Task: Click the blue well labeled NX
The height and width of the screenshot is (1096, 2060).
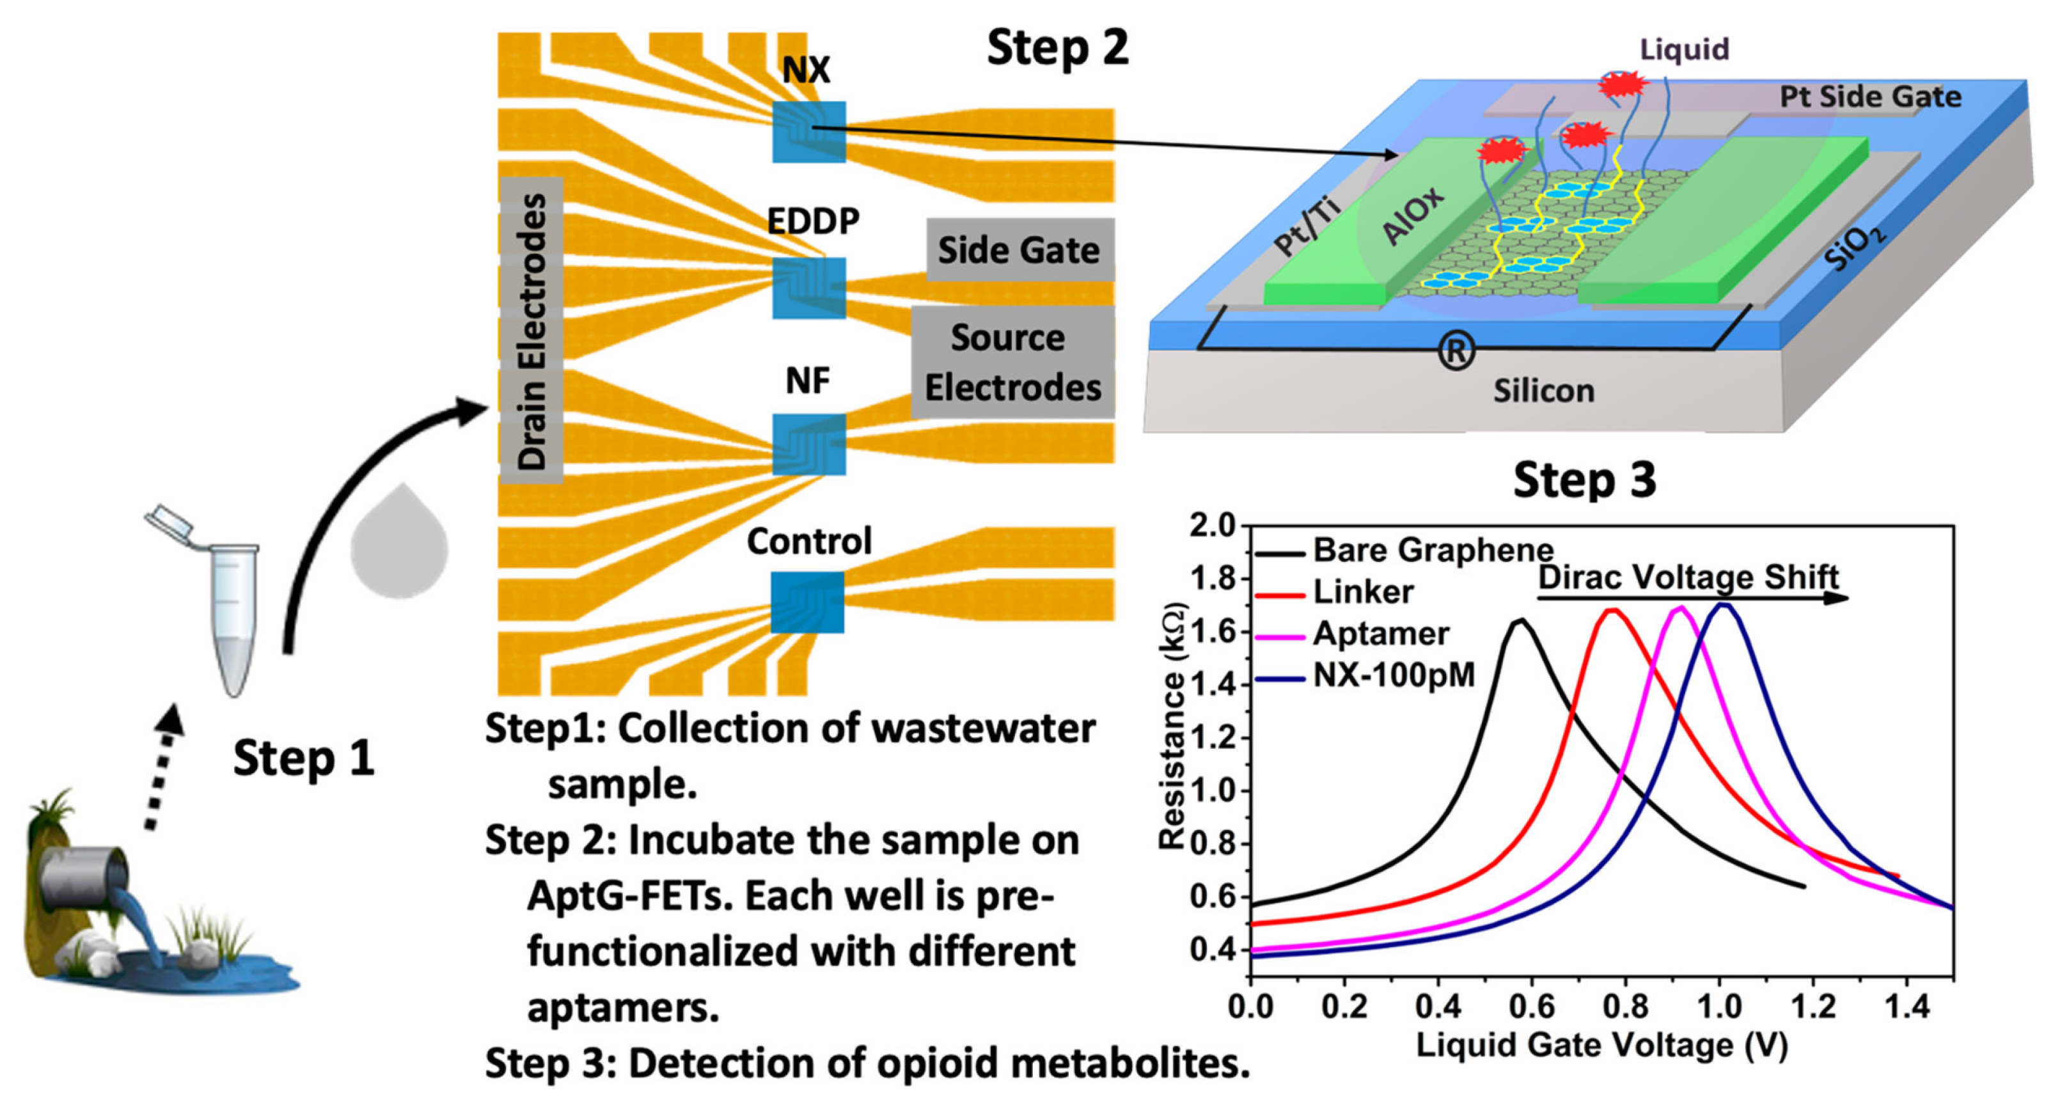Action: tap(808, 132)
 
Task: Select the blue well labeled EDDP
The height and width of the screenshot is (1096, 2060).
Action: tap(808, 288)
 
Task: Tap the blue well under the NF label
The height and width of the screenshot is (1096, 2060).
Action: tap(808, 444)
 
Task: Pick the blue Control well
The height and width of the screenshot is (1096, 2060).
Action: tap(807, 602)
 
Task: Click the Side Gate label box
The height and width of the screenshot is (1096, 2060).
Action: tap(1019, 250)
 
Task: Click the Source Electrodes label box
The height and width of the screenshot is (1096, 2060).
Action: tap(1012, 362)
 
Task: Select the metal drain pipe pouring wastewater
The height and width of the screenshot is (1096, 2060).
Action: tap(84, 879)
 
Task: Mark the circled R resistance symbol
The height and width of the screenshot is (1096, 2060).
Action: tap(1456, 351)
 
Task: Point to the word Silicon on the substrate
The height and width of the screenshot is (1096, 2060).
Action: tap(1543, 391)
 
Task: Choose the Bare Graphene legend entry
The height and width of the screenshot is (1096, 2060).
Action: tap(1432, 550)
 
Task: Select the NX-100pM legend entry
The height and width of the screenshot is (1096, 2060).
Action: tap(1393, 675)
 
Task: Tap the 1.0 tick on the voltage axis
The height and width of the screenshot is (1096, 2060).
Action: tap(1719, 1006)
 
